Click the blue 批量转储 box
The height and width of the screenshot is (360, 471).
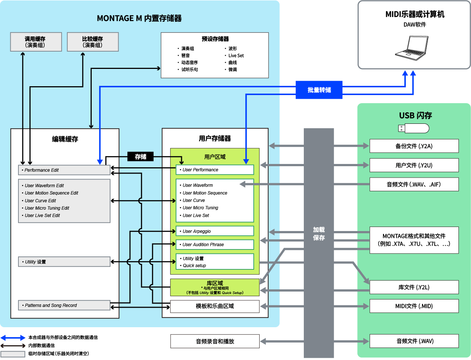(319, 90)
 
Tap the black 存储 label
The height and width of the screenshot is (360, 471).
(140, 157)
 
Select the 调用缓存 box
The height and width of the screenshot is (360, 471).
(36, 42)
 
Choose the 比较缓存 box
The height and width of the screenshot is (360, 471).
(93, 42)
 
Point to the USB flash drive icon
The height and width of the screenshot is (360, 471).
(414, 128)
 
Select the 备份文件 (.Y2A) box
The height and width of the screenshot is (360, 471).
(414, 146)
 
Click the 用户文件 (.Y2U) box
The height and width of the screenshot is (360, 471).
(414, 165)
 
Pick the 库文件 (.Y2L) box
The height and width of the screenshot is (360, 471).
(414, 287)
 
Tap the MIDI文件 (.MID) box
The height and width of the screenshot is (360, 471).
(414, 306)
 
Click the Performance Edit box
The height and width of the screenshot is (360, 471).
(64, 170)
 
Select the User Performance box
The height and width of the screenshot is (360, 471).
(215, 169)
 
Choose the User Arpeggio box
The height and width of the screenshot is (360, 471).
(215, 231)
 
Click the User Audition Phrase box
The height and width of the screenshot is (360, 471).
(215, 244)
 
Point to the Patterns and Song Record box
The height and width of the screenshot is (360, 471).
(64, 305)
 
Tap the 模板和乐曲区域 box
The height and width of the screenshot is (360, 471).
(215, 306)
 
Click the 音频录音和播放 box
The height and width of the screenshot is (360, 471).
(215, 341)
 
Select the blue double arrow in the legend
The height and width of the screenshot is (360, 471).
(13, 338)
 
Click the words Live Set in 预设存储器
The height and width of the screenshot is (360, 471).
(236, 56)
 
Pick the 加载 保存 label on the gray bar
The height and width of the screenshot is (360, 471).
(319, 234)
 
